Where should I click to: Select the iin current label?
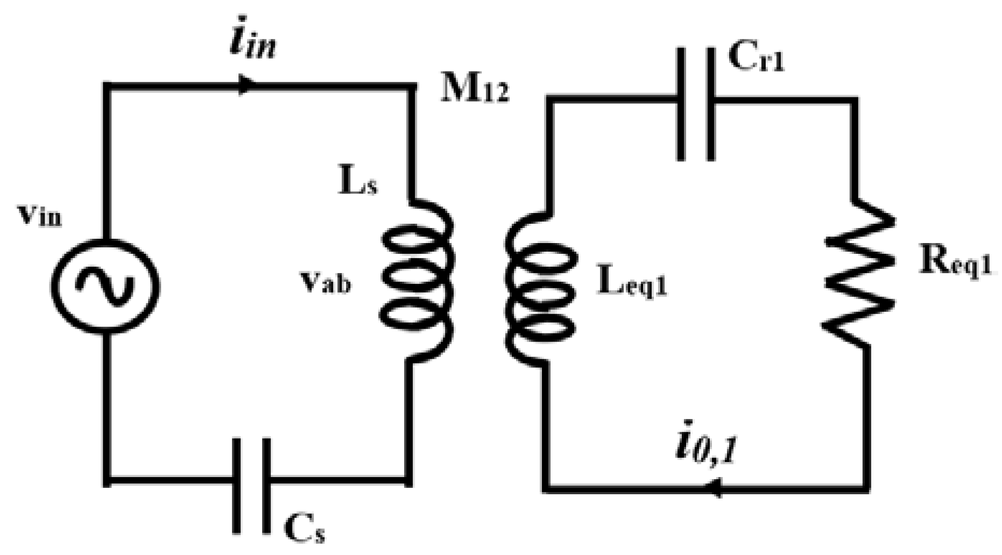pyautogui.click(x=252, y=45)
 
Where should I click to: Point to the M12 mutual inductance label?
pyautogui.click(x=474, y=91)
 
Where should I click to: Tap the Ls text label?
pyautogui.click(x=358, y=183)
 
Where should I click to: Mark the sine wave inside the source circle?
pyautogui.click(x=105, y=286)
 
